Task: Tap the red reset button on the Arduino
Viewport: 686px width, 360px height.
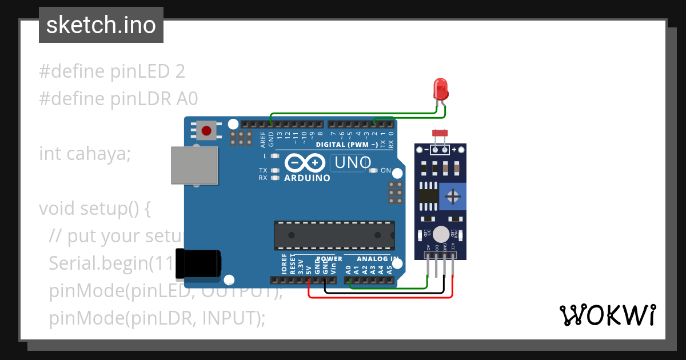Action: [206, 131]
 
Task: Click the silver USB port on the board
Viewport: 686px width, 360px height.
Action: [194, 165]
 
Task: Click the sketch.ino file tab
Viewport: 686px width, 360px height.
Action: [101, 25]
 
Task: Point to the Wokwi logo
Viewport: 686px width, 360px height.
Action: [607, 315]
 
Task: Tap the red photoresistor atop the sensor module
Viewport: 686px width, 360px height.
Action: [440, 133]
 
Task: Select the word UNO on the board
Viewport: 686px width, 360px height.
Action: [353, 163]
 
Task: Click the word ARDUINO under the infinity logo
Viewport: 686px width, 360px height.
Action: [307, 178]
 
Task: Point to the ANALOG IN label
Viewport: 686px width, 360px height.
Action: [374, 259]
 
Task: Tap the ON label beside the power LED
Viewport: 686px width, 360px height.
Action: [386, 170]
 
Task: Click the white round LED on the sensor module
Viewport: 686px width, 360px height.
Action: [441, 234]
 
